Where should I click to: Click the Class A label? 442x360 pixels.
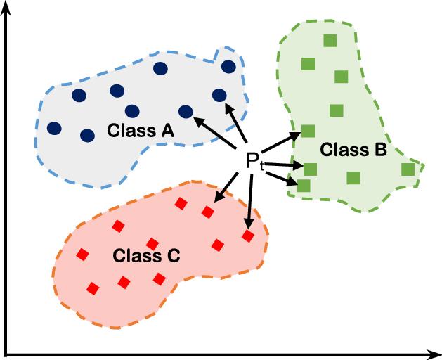tap(141, 130)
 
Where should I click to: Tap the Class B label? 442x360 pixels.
tap(353, 149)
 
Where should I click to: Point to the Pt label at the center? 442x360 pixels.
tap(254, 161)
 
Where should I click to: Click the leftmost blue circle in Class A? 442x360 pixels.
tap(54, 128)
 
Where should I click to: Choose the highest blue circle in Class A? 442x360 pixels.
tap(228, 66)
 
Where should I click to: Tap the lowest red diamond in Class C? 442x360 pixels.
tap(93, 288)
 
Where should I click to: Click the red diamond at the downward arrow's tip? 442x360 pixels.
tap(247, 236)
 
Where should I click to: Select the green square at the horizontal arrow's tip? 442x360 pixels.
tap(310, 169)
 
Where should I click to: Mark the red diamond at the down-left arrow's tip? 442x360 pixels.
tap(208, 212)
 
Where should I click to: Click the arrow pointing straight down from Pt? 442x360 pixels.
tap(249, 200)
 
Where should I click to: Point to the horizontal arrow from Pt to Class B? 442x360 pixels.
tap(285, 166)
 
